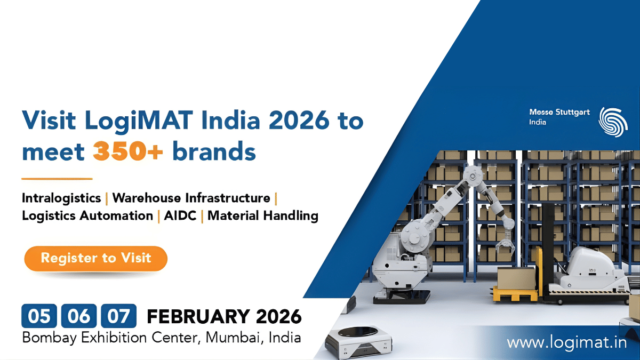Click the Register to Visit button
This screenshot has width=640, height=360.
[96, 259]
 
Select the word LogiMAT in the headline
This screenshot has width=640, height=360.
[129, 121]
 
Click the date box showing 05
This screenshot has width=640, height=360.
[39, 316]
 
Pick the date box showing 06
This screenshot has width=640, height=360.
[79, 316]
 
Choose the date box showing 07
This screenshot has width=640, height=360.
[118, 316]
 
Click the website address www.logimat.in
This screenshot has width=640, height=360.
[566, 342]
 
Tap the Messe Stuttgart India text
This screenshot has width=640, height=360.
[559, 117]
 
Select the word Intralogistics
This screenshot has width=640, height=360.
[61, 198]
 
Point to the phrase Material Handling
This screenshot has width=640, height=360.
[263, 216]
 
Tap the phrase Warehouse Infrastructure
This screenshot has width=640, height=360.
[191, 198]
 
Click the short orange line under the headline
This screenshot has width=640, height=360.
[57, 179]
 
